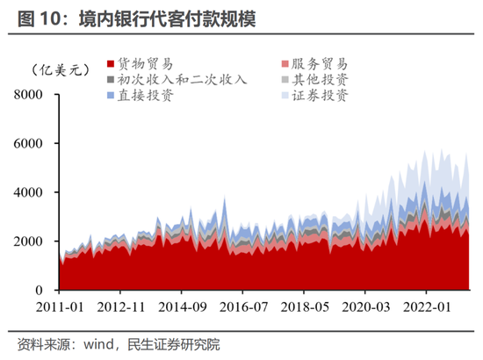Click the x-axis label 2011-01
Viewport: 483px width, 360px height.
coord(60,308)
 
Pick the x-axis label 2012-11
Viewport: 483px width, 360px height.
coord(121,308)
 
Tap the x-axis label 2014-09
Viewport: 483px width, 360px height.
coord(182,308)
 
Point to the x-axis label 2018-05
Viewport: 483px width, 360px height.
coord(304,308)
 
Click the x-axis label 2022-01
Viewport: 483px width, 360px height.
coord(425,308)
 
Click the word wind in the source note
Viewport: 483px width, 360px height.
coord(103,343)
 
